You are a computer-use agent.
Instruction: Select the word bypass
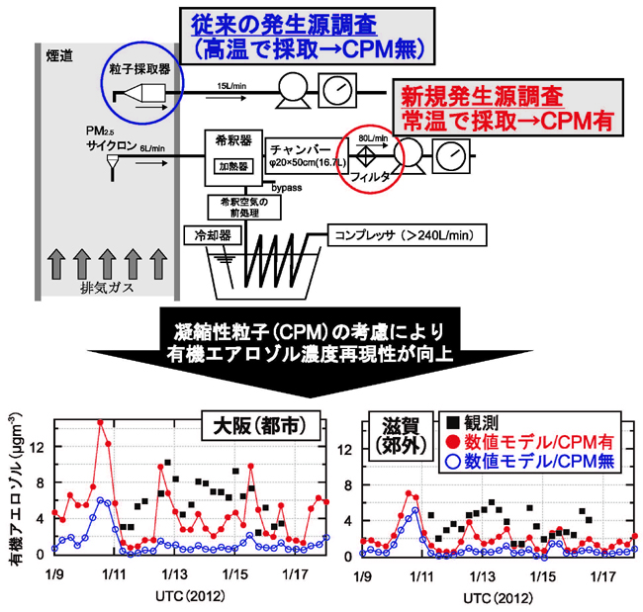[x=287, y=185]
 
